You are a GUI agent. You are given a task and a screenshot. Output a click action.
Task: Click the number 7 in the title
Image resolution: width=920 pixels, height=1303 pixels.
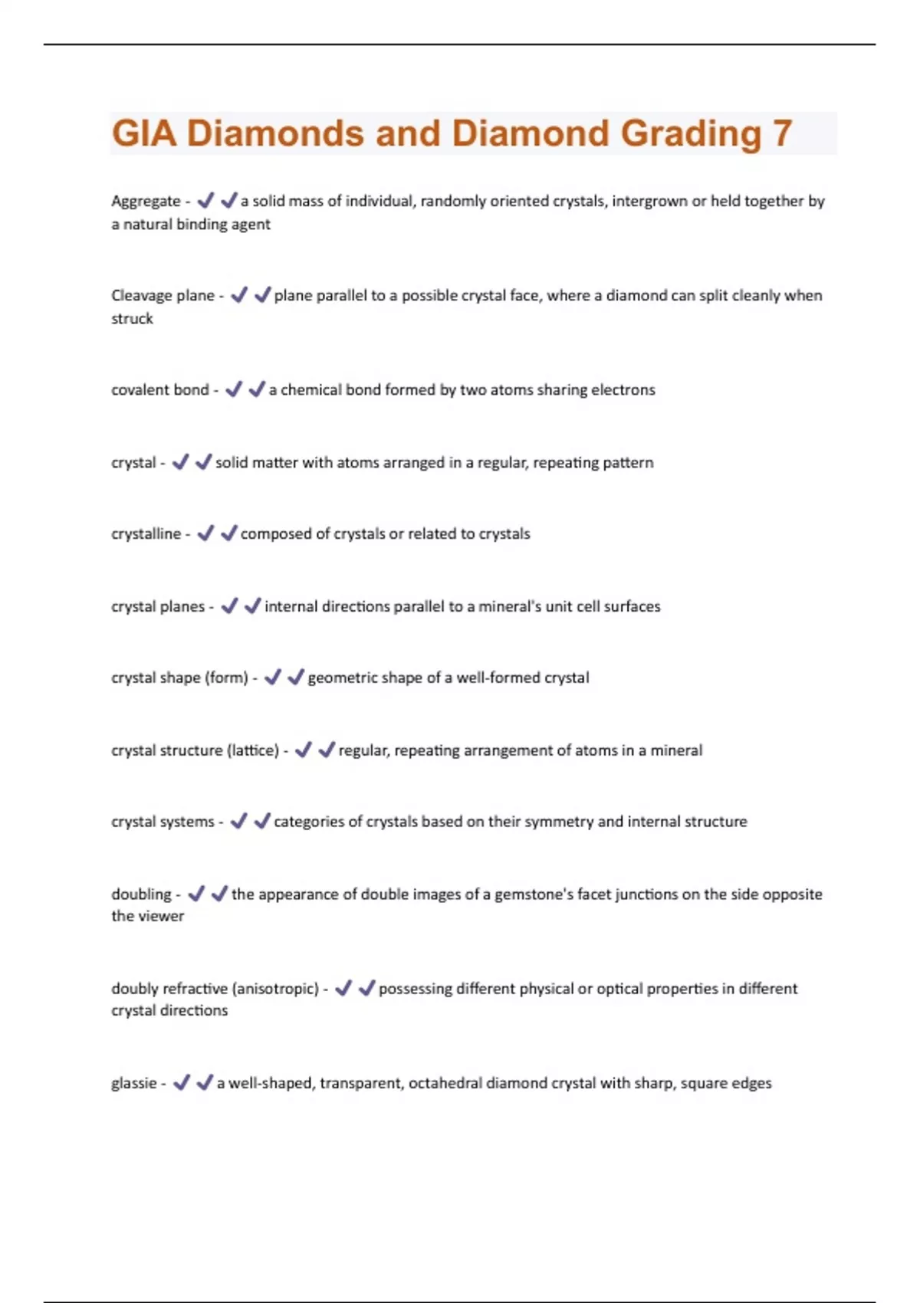click(782, 133)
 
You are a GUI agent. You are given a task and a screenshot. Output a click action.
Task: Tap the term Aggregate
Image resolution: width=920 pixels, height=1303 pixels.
click(146, 202)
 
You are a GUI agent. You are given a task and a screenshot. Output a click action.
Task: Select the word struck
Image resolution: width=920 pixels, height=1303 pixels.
click(132, 319)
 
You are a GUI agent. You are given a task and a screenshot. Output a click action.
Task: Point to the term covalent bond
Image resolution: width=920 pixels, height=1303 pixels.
click(159, 390)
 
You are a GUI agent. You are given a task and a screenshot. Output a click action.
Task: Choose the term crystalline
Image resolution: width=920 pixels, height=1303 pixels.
click(146, 534)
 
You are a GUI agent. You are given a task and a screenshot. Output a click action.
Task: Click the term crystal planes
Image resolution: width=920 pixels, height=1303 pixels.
click(158, 607)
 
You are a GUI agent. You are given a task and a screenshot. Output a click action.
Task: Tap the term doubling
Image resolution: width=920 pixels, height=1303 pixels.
click(141, 894)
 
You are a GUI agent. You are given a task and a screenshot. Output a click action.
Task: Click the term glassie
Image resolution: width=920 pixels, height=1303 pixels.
click(134, 1084)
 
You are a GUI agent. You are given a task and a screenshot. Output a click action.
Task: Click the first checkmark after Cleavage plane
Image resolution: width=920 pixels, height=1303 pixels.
click(238, 295)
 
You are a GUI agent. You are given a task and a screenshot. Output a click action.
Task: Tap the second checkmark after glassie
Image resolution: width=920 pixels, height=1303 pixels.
click(204, 1083)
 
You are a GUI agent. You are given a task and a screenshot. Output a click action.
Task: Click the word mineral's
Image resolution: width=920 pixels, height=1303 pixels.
click(510, 607)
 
